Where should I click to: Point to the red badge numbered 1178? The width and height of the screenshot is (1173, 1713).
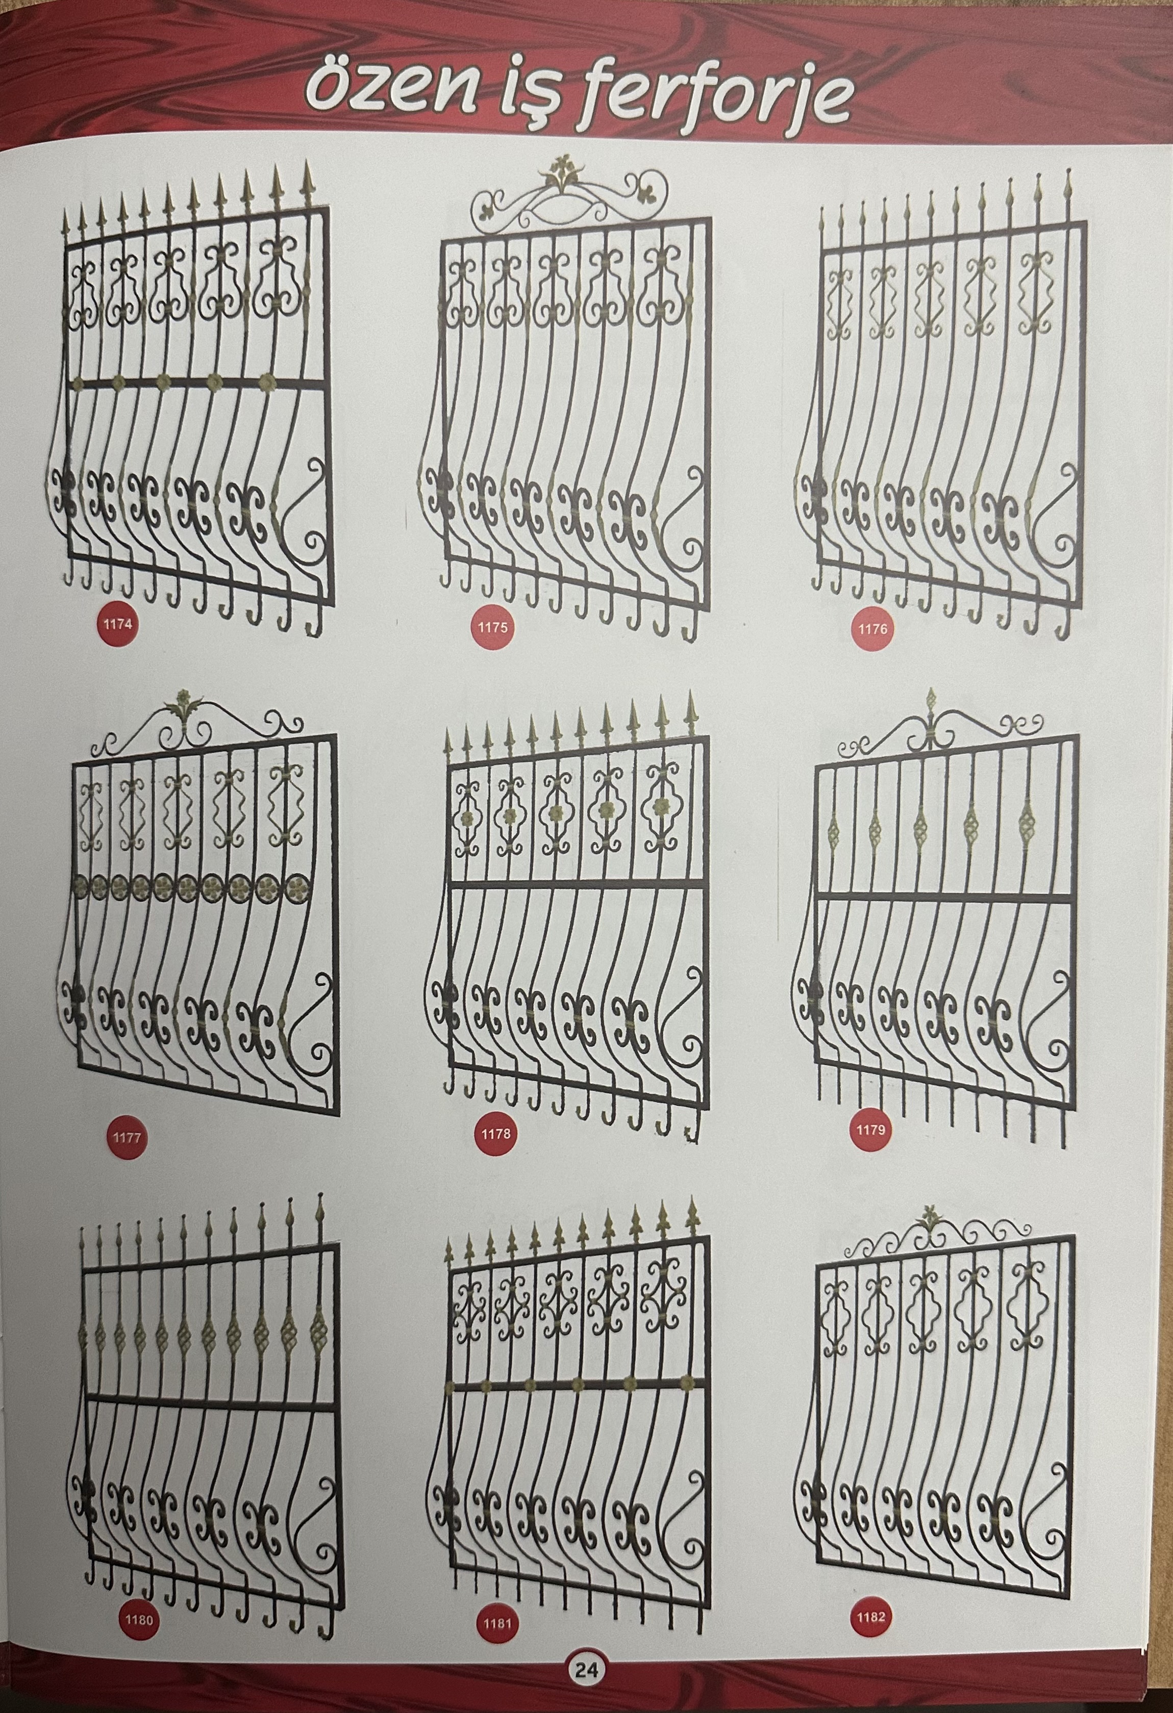495,1134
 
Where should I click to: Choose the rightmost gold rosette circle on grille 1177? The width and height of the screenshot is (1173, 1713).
296,887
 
